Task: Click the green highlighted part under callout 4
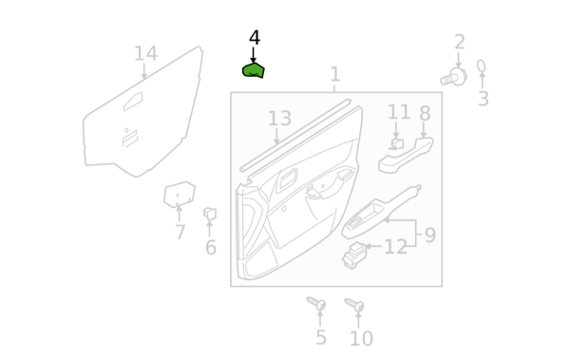tap(254, 70)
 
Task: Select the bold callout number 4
tap(255, 38)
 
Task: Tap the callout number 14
tap(145, 53)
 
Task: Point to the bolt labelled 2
tap(454, 78)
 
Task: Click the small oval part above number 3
tap(482, 66)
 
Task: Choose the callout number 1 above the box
tap(335, 74)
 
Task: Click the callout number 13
tap(279, 119)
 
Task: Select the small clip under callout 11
tap(396, 143)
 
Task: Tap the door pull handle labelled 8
tap(406, 155)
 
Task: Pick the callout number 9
tap(430, 236)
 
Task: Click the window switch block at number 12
tap(354, 256)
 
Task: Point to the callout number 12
tap(395, 247)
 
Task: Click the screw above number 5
tap(316, 303)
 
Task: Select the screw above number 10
tap(354, 305)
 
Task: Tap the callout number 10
tap(361, 338)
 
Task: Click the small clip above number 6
tap(210, 214)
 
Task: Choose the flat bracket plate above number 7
tap(180, 195)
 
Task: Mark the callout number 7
tap(180, 232)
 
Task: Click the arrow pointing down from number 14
tap(144, 71)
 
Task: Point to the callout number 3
tap(484, 99)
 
